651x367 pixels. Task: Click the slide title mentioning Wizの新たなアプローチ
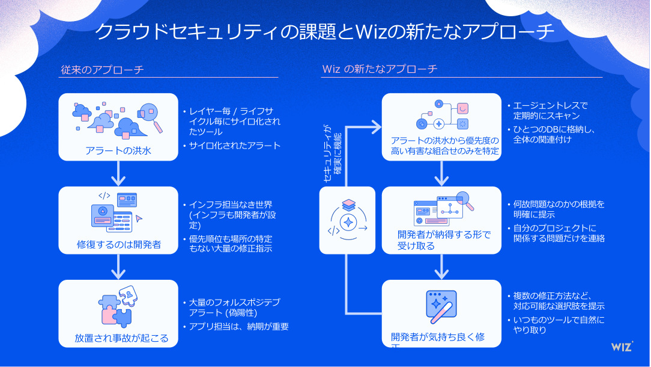pyautogui.click(x=325, y=31)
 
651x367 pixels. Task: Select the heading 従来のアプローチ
pyautogui.click(x=102, y=69)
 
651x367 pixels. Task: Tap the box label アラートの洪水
pyautogui.click(x=118, y=151)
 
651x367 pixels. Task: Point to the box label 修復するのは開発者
pyautogui.click(x=118, y=244)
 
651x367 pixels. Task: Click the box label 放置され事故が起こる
pyautogui.click(x=121, y=338)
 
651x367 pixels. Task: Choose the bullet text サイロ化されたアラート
pyautogui.click(x=235, y=146)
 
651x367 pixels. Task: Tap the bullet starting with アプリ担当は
pyautogui.click(x=238, y=327)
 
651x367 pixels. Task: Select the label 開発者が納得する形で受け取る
pyautogui.click(x=444, y=239)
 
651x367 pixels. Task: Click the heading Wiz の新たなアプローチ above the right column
pyautogui.click(x=380, y=69)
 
